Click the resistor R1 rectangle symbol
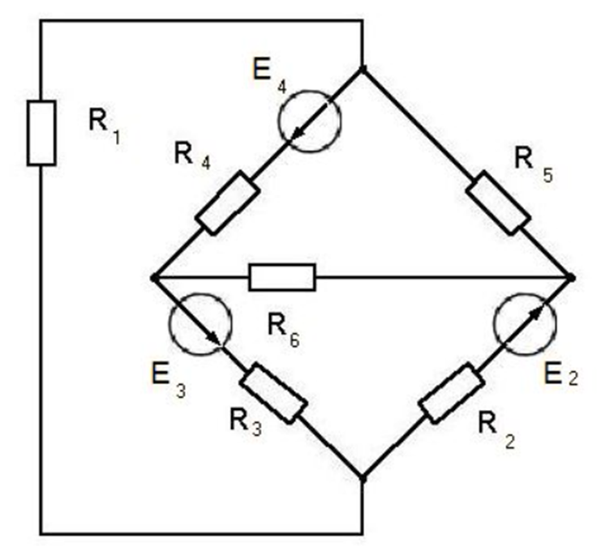pos(41,133)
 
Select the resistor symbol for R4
pos(228,203)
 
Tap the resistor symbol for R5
pos(498,203)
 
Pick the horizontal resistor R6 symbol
pos(281,277)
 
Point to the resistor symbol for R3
pos(273,393)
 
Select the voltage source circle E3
pos(200,323)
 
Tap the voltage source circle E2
pos(526,323)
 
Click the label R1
pos(104,126)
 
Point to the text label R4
pos(191,157)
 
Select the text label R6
pos(283,330)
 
